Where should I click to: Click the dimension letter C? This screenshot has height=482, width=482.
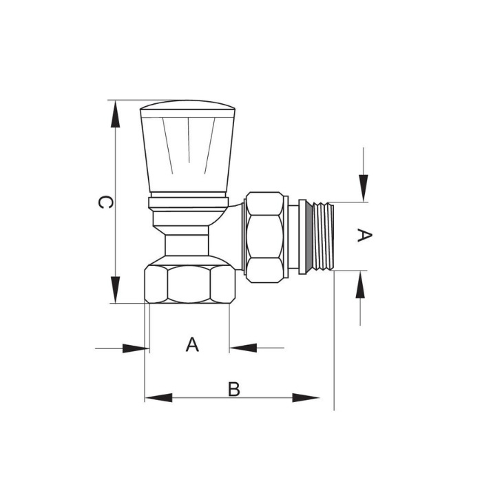pos(105,202)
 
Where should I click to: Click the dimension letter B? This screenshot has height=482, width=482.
pos(233,389)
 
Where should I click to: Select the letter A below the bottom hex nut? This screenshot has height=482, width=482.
pos(192,344)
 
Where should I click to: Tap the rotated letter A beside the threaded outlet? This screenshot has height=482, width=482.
pos(364,235)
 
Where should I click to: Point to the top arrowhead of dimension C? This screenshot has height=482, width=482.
pos(115,114)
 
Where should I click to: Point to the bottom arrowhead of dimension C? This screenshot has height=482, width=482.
pos(115,290)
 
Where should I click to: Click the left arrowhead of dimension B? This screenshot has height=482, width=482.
pos(158,397)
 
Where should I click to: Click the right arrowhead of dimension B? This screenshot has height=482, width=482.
pos(306,397)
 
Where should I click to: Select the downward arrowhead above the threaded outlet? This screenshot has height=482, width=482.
pos(364,188)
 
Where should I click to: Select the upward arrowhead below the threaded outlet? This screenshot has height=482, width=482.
pos(360,284)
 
